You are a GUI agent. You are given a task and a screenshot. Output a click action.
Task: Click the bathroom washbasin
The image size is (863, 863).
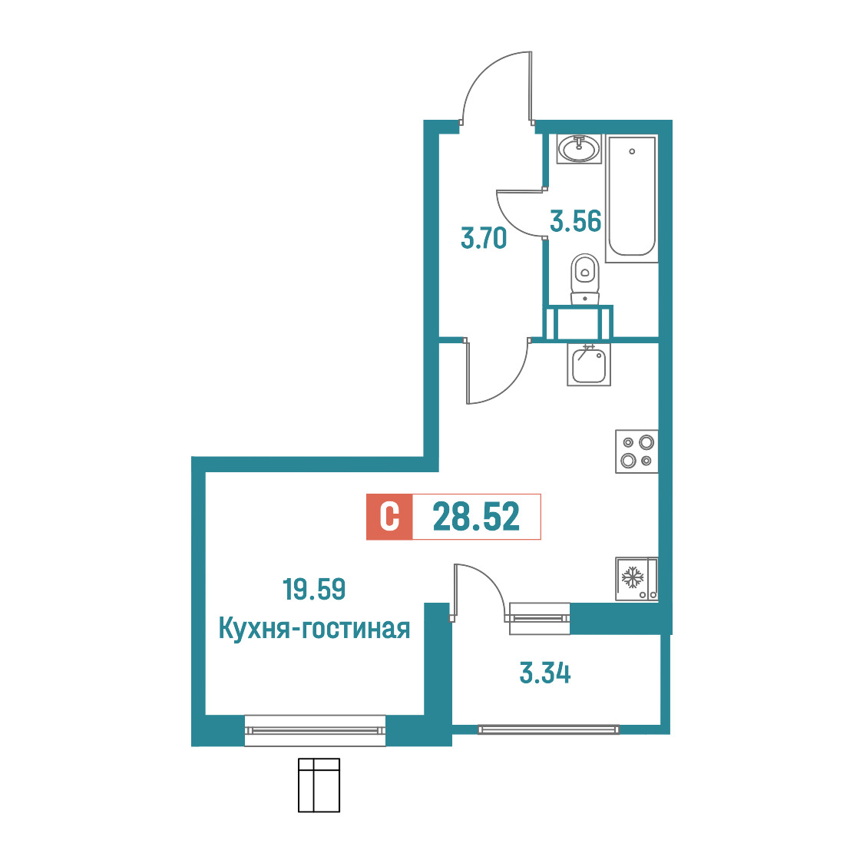click(579, 149)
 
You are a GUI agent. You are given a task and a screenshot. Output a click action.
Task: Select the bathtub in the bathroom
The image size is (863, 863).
click(632, 197)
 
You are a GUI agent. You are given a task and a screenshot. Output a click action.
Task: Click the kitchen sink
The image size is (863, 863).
click(589, 365)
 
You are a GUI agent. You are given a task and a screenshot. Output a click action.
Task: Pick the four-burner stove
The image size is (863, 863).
click(637, 451)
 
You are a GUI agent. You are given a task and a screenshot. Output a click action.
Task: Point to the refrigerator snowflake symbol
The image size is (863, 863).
click(633, 577)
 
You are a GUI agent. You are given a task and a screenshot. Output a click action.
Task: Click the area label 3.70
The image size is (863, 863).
click(483, 239)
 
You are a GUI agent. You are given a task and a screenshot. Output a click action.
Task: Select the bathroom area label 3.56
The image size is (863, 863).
click(576, 221)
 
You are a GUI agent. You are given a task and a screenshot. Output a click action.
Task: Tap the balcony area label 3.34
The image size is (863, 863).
click(545, 673)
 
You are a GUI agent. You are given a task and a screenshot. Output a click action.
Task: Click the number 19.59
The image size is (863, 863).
click(314, 589)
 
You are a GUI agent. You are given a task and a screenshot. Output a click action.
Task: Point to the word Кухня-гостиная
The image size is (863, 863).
click(314, 628)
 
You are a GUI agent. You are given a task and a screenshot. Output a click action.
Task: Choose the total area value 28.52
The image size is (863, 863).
click(476, 517)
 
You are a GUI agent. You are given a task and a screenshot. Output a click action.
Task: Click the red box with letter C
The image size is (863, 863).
click(389, 517)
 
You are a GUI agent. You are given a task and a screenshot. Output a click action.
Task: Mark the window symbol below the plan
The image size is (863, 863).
click(319, 785)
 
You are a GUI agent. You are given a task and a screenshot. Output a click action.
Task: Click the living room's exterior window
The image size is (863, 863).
click(315, 730)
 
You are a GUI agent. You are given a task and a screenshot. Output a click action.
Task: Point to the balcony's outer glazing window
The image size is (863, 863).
click(548, 730)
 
